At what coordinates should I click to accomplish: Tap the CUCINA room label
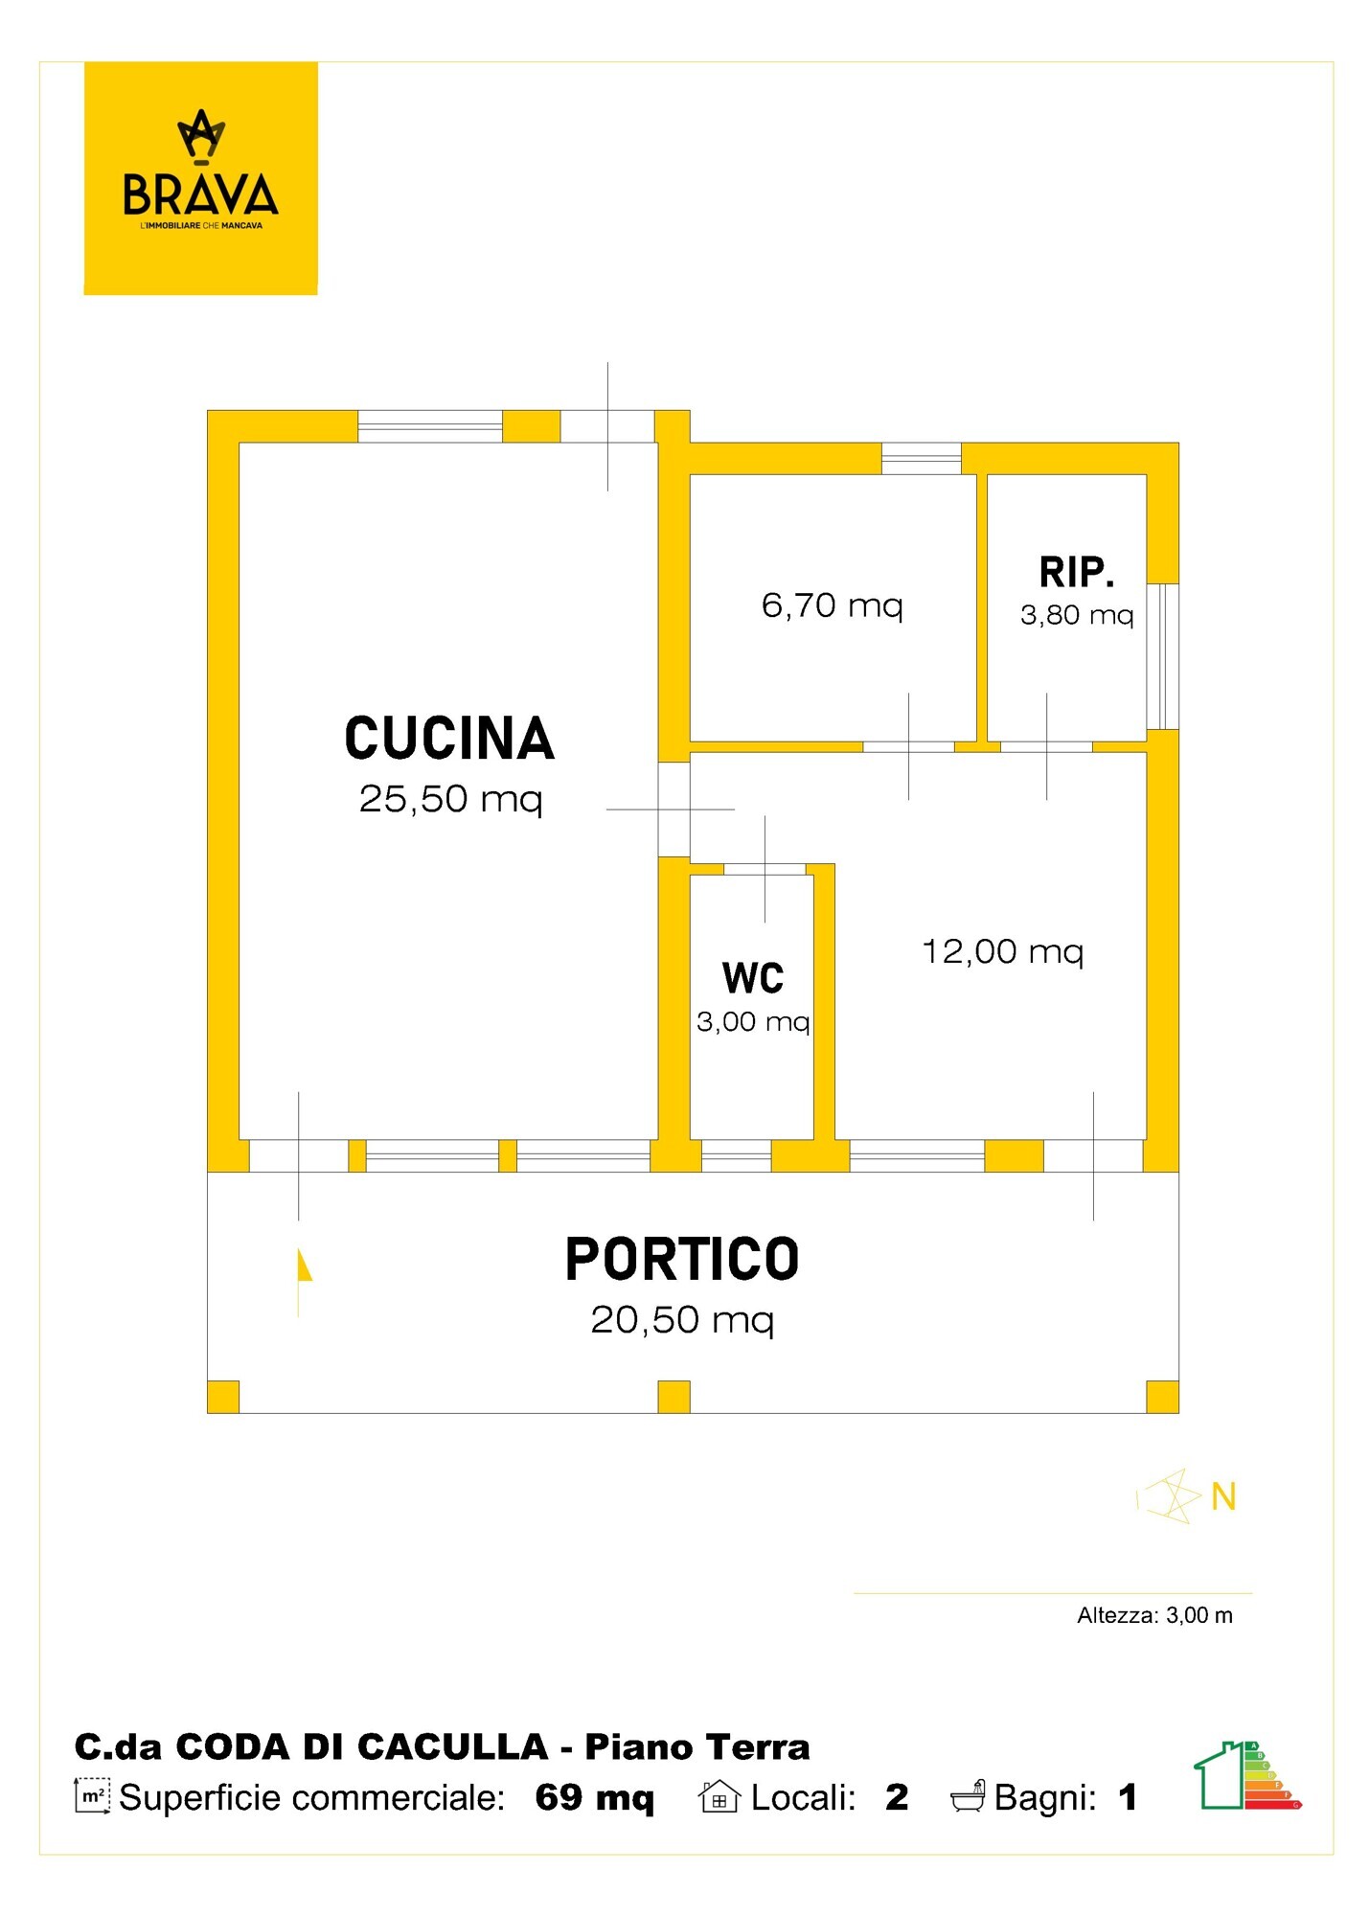pos(449,739)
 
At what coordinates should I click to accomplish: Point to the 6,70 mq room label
pos(832,605)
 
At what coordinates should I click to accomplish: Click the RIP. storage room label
pos(1077,573)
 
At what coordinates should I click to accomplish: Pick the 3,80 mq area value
pos(1077,615)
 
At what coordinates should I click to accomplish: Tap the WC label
pos(753,978)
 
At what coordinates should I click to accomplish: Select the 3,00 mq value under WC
pos(753,1022)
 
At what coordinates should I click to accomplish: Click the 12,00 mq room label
pos(1002,952)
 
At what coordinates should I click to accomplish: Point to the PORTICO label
pos(682,1260)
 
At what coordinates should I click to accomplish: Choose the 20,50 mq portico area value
pos(682,1320)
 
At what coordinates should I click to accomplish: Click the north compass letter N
pos(1223,1496)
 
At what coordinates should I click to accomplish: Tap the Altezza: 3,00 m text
pos(1154,1615)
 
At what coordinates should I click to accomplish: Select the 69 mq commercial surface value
pos(595,1797)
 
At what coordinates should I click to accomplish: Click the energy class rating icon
pos(1247,1775)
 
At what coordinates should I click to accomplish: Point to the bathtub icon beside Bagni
pos(968,1796)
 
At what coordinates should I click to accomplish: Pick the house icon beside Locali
pos(719,1796)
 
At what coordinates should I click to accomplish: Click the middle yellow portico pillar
pos(674,1397)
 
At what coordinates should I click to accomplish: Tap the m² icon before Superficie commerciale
pos(92,1796)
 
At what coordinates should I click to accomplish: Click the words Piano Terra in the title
pos(697,1747)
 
